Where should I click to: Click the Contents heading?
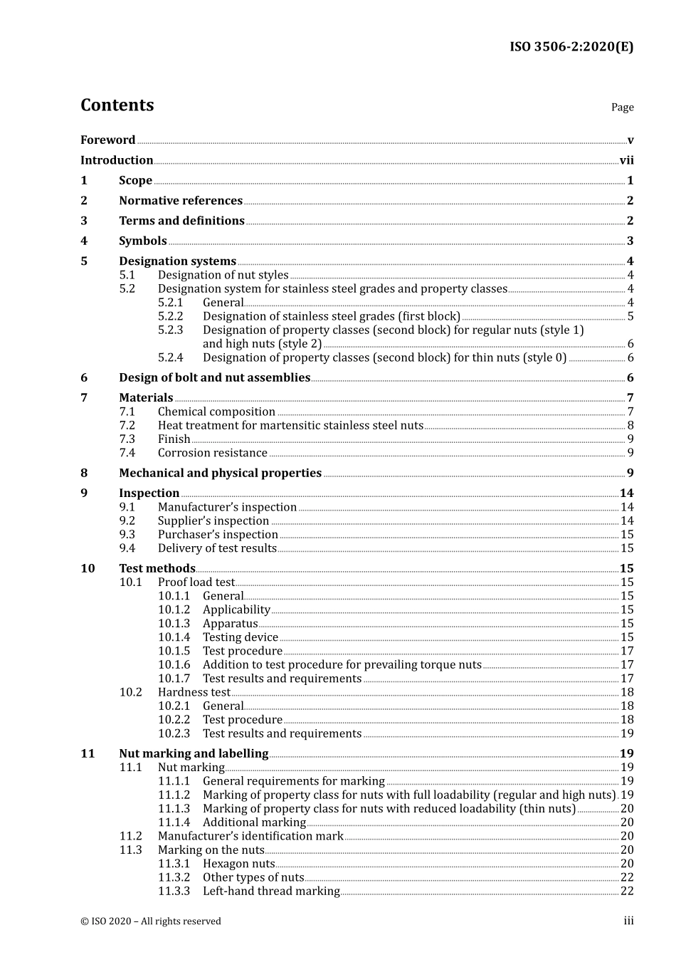tap(117, 105)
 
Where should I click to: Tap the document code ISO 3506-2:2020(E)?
tap(571, 47)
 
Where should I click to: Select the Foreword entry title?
tap(107, 140)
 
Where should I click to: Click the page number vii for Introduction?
tap(626, 160)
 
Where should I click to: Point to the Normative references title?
tap(181, 201)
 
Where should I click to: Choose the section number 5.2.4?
tap(170, 357)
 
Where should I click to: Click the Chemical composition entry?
tap(216, 412)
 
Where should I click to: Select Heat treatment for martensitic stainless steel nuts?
tap(290, 425)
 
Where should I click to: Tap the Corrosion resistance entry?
tap(213, 453)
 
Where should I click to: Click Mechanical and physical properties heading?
tap(220, 473)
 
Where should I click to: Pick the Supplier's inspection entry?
tap(213, 521)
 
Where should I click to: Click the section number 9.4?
tap(127, 548)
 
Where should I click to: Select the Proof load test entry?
tap(196, 582)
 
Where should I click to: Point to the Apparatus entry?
tap(230, 623)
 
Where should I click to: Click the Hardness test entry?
tap(194, 692)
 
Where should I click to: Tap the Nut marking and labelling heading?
tap(194, 753)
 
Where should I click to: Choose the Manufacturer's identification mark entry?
tap(250, 836)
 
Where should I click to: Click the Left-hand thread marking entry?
tap(271, 891)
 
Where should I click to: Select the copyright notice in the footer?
tap(151, 921)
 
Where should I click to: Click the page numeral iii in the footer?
tap(628, 921)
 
